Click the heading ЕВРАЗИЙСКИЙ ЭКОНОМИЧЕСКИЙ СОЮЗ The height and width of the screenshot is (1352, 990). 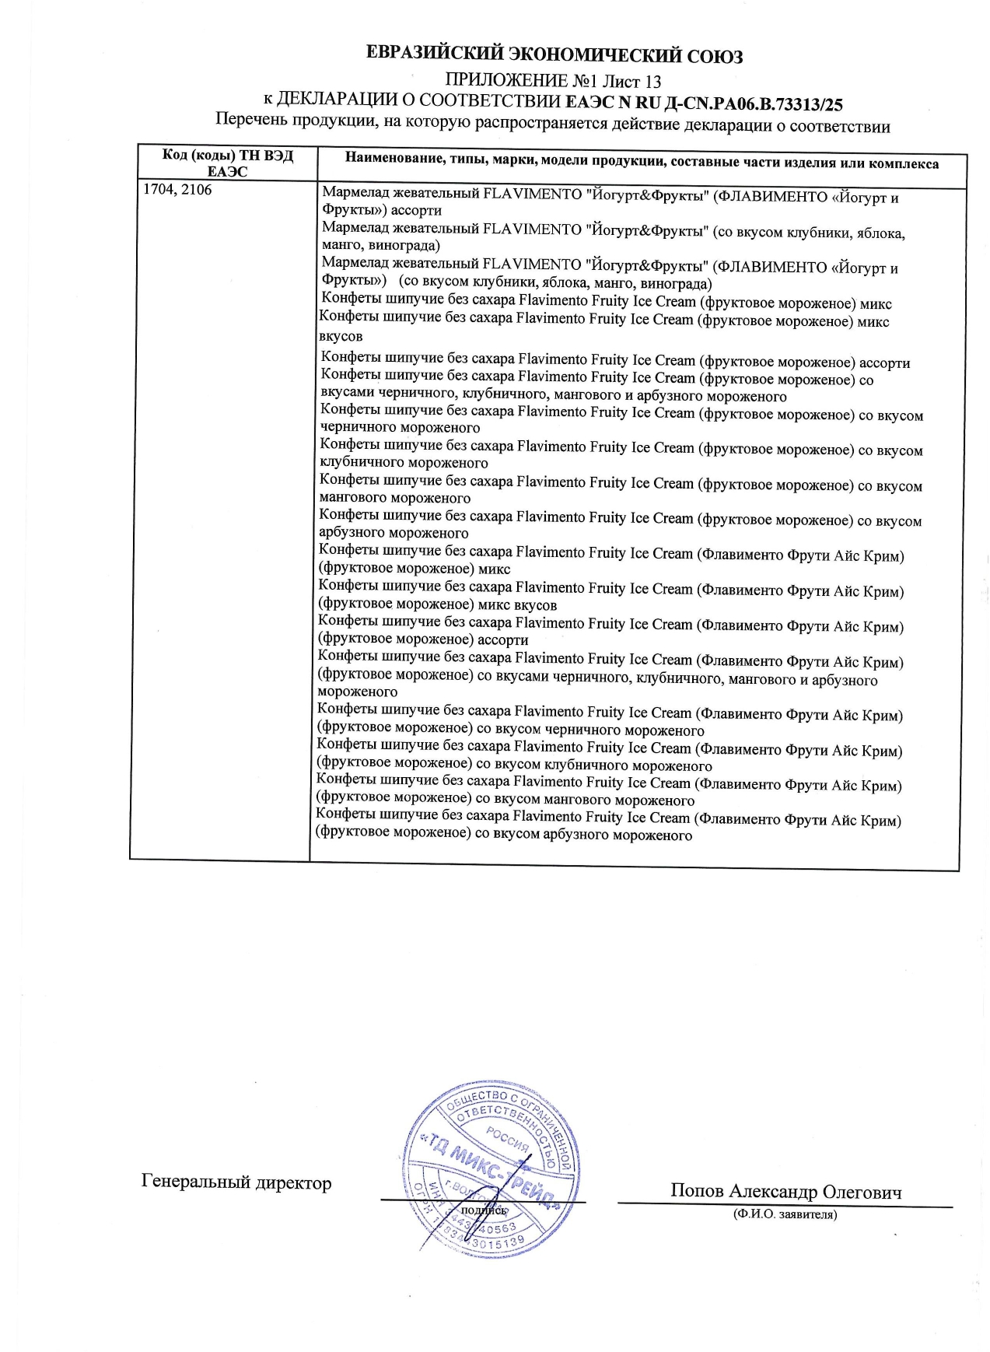point(554,56)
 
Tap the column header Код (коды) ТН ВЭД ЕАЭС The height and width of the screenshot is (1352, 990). point(227,163)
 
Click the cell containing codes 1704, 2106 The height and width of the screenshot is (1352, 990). point(177,190)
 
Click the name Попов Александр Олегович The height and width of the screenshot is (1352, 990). point(785,1191)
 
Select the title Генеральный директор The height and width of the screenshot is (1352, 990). point(236,1182)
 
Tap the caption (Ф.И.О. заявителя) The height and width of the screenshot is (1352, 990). point(785,1214)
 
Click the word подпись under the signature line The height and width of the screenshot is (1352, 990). point(484,1210)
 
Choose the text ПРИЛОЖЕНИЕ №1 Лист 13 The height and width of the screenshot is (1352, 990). point(553,81)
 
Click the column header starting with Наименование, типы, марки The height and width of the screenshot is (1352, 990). point(642,163)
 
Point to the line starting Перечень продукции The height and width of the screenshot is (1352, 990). point(552,123)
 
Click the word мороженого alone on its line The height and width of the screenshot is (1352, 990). point(357,692)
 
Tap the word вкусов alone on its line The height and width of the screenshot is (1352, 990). point(341,337)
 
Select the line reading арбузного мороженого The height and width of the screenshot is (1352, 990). point(394,533)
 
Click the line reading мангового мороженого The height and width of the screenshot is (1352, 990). point(395,498)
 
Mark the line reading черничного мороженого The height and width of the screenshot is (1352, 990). point(400,427)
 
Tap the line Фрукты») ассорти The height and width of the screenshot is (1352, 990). point(382,210)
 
